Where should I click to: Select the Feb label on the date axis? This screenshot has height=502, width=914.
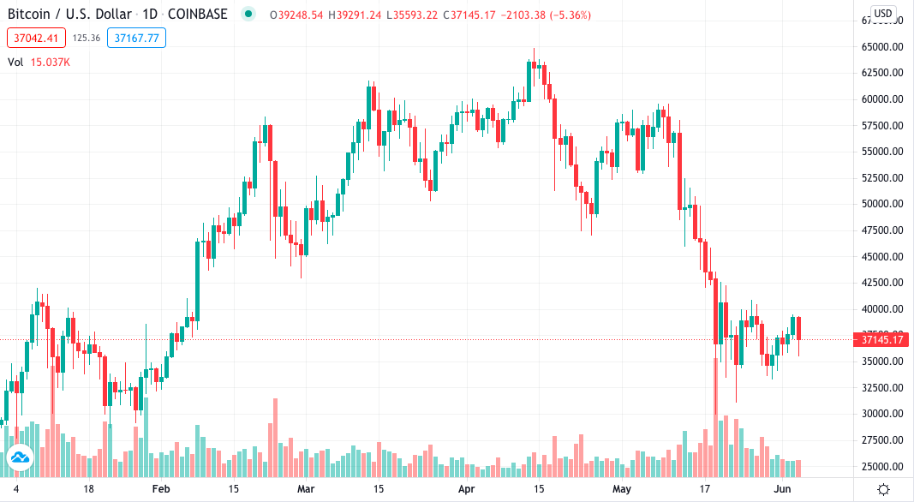pos(161,489)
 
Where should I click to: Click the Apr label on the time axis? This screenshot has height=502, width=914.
pos(467,489)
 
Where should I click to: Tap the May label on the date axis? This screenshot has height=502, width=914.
pos(622,489)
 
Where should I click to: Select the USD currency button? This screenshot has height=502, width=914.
pos(883,14)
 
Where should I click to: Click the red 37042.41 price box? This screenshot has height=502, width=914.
pos(35,38)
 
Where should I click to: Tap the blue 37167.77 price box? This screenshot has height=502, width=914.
pos(137,38)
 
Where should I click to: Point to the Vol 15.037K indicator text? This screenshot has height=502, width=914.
pos(39,62)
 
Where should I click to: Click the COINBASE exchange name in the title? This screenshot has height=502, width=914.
pos(200,15)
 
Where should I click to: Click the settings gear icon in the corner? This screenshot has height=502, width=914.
pos(884,489)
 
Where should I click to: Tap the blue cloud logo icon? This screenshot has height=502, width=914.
pos(19,460)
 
